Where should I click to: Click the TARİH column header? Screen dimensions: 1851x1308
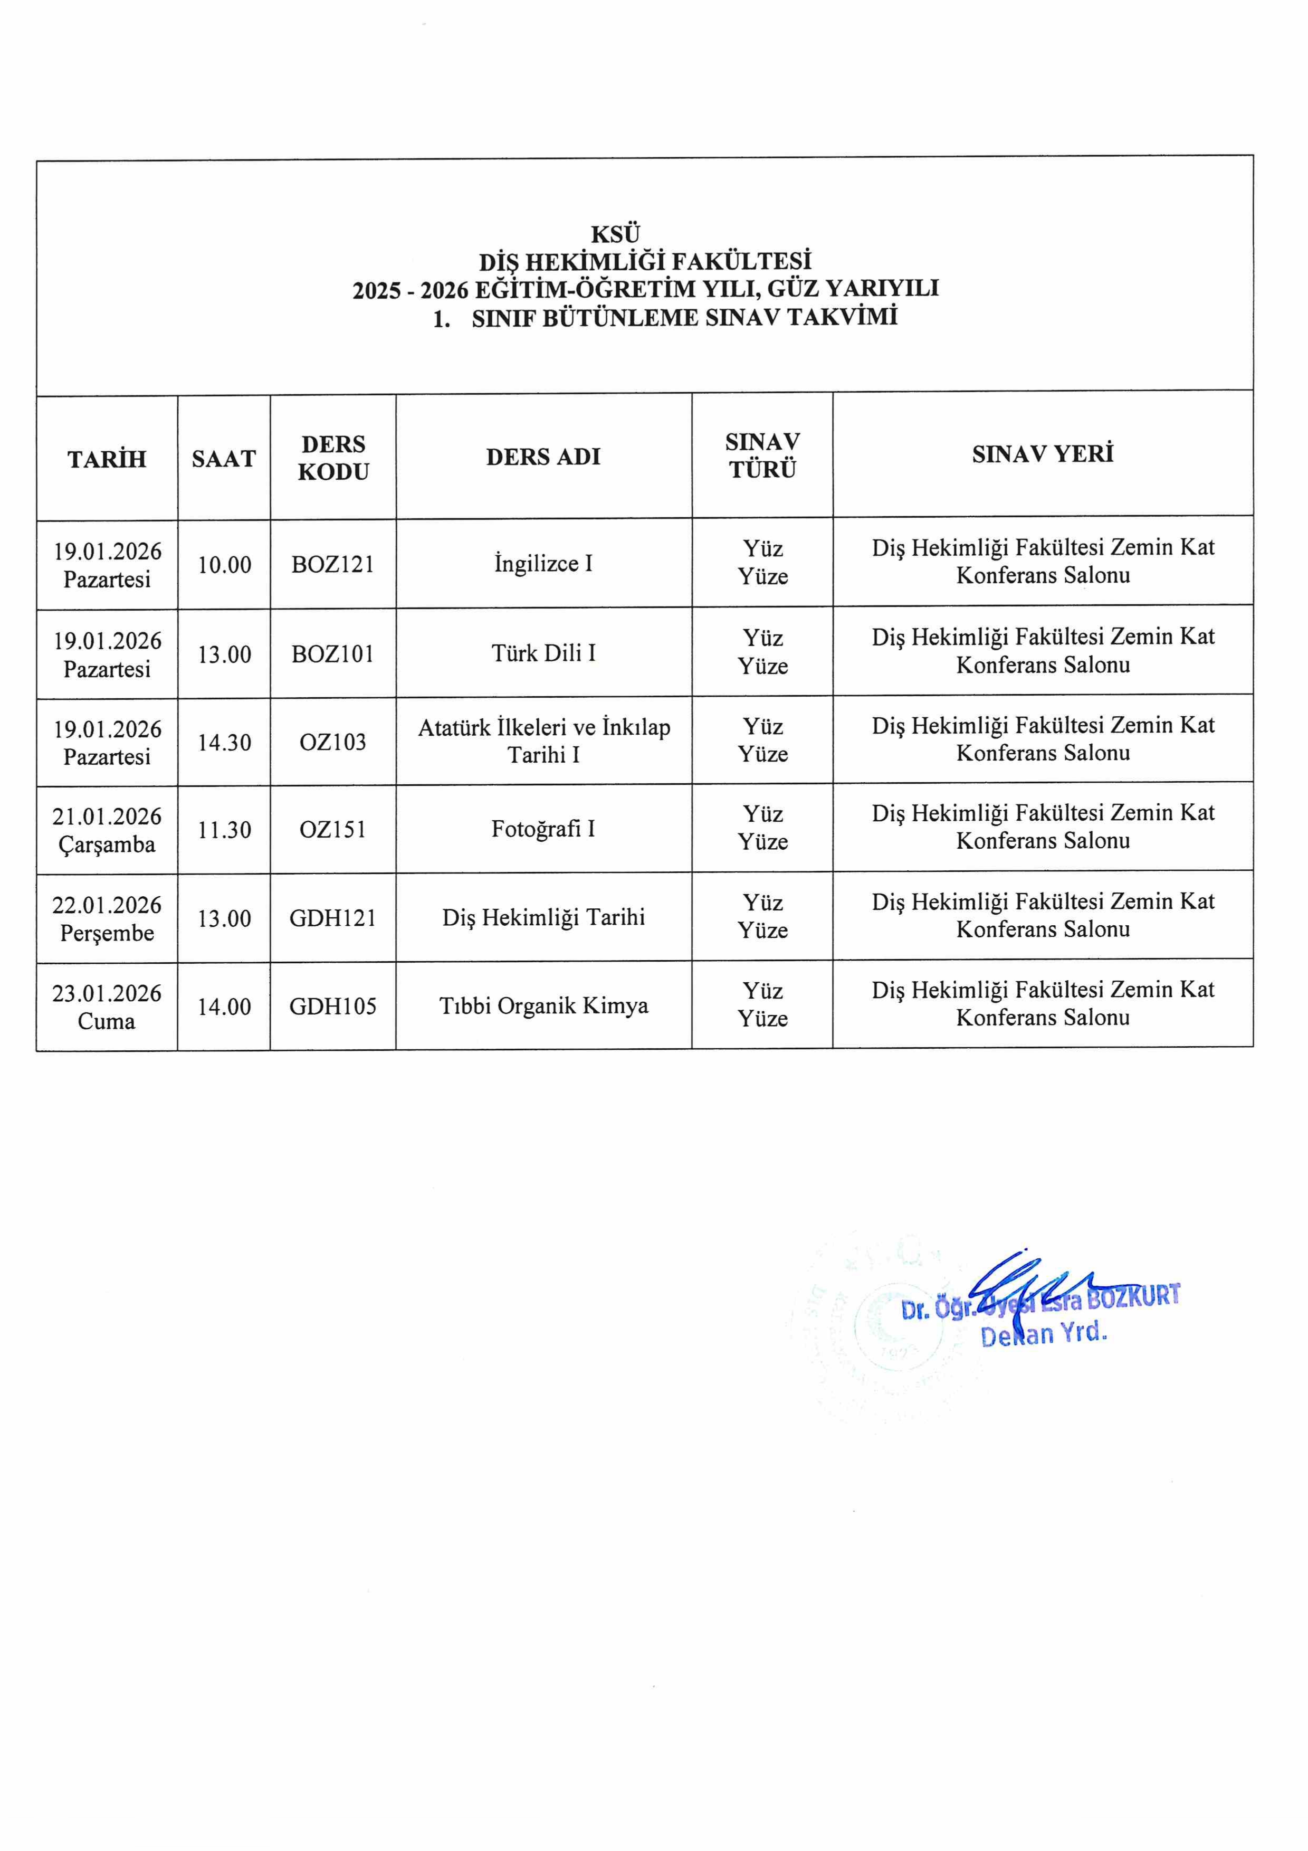coord(107,459)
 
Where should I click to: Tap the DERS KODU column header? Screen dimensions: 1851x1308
coord(333,457)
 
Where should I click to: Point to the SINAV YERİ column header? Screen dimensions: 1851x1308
coord(1042,454)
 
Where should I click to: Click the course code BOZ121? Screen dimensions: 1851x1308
coord(333,564)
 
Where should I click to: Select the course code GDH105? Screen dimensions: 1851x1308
coord(333,1006)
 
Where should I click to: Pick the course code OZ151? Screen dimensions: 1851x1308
coord(333,830)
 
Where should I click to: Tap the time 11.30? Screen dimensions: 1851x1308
coord(224,830)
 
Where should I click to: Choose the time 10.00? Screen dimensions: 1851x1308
coord(224,564)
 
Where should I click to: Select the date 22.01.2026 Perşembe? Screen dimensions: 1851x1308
coord(107,918)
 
